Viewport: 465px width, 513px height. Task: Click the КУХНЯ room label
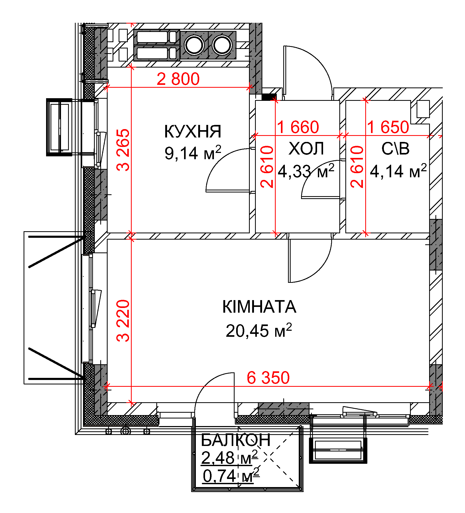coord(193,131)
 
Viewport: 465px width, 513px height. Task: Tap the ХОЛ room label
coord(306,148)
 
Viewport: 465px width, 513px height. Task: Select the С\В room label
coord(395,148)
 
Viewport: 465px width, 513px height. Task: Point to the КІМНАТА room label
coord(259,307)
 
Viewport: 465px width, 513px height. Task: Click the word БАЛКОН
coord(236,440)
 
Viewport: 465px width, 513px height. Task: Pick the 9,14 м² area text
coord(193,153)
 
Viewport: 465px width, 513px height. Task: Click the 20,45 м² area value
coord(259,330)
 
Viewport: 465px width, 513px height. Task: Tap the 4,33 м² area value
coord(306,171)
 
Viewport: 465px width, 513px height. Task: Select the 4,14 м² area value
coord(398,171)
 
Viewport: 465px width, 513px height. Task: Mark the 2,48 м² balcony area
coord(229,457)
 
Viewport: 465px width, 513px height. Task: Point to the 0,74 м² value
coord(231,476)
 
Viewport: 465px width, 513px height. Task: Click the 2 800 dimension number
coord(178,79)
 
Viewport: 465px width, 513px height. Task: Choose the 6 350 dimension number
coord(268,378)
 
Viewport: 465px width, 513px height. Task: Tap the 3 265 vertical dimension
coord(123,150)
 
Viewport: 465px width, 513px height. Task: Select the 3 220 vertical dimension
coord(123,321)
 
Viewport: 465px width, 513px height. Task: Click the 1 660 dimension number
coord(298,127)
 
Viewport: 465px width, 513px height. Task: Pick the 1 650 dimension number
coord(388,127)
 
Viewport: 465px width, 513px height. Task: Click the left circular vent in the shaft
coord(194,45)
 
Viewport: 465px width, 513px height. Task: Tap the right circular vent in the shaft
coord(222,45)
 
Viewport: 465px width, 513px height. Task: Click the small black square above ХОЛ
coord(269,97)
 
